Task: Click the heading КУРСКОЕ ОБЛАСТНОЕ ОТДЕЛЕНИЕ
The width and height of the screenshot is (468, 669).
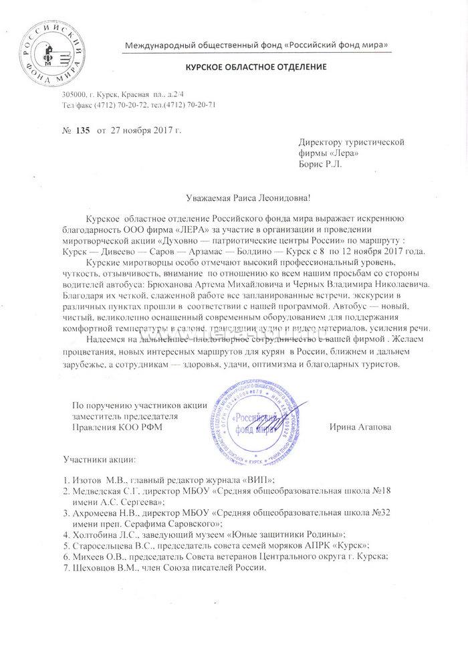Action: click(251, 68)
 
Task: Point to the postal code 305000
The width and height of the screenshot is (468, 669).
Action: click(75, 96)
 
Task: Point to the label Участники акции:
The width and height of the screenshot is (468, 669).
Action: click(99, 461)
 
